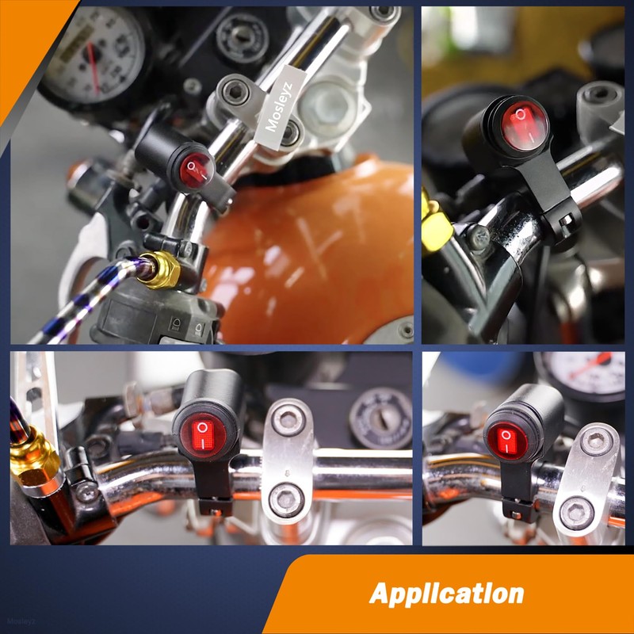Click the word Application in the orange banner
[446, 593]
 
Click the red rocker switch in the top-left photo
[196, 168]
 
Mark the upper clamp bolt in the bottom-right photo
[596, 440]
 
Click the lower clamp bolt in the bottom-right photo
[577, 513]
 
